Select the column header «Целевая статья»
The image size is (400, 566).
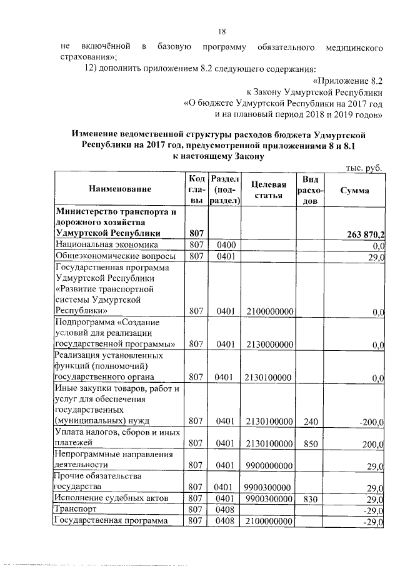point(269,190)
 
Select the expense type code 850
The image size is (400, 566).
point(311,443)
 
